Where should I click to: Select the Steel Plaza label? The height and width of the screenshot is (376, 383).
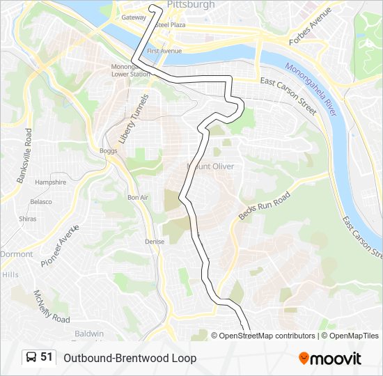coord(171,24)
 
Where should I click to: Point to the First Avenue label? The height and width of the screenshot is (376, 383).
coord(164,51)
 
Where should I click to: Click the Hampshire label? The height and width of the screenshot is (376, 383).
coord(50,182)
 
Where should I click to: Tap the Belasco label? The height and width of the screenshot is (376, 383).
coord(40,202)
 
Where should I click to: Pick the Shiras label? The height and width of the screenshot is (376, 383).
coord(28,219)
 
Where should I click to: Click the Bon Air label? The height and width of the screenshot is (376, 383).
coord(138,198)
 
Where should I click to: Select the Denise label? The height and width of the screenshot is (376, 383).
coord(155,242)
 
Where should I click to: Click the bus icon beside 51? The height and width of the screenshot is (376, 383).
coord(31,358)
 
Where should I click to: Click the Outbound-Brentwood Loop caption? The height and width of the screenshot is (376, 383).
coord(130,358)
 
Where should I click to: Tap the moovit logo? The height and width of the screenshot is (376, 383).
coord(330,359)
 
